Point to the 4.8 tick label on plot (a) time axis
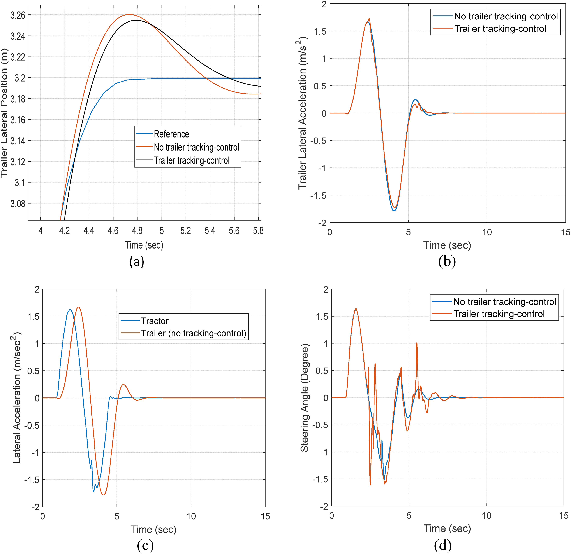tap(137, 231)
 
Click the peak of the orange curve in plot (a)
tap(129, 15)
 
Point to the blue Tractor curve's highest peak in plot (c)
tap(70, 310)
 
